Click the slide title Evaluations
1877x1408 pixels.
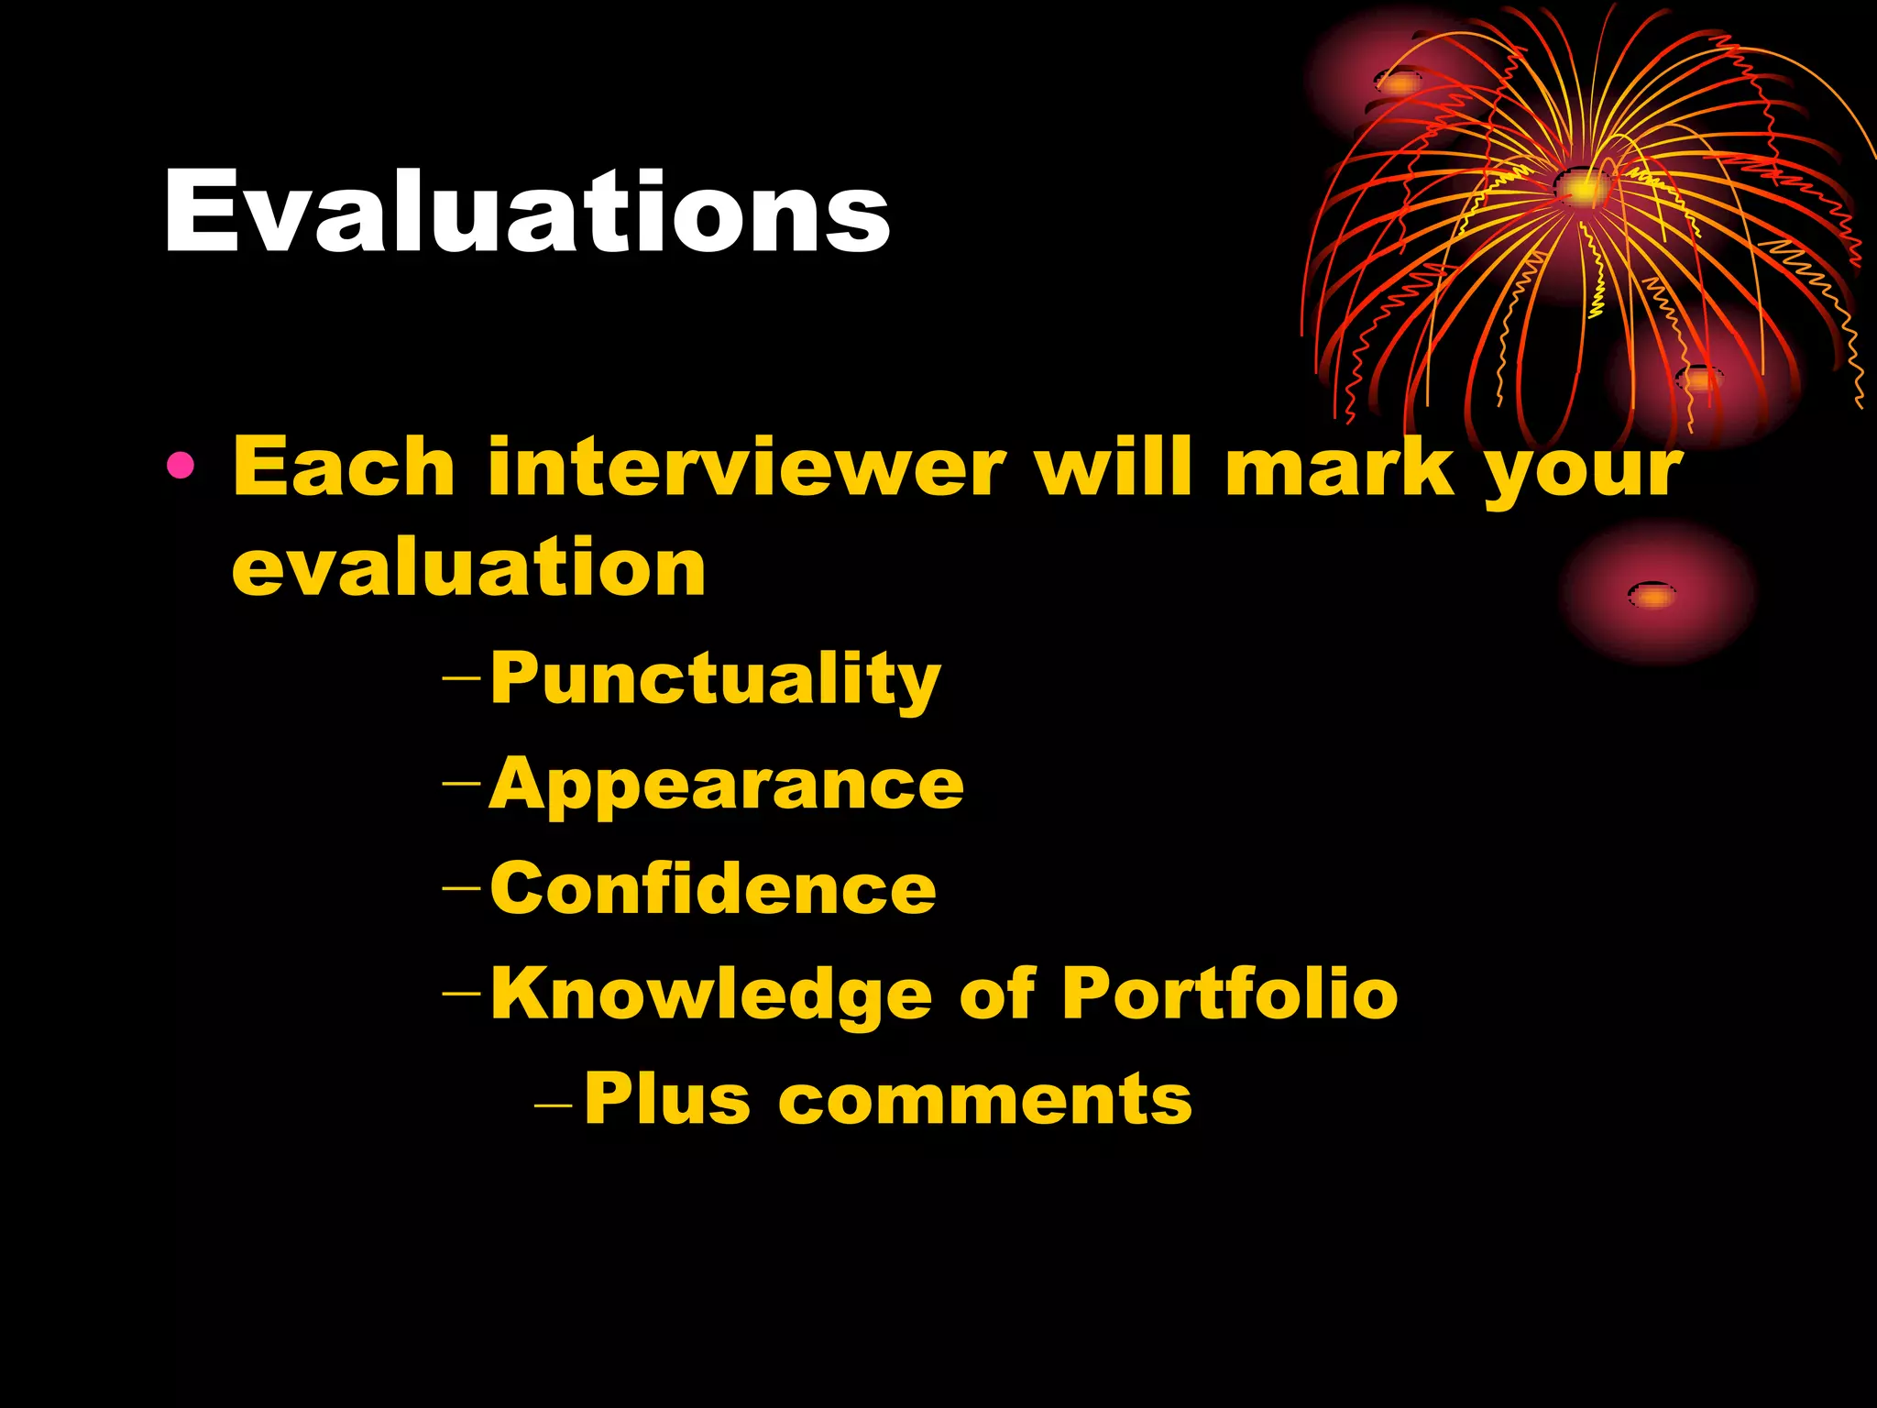526,213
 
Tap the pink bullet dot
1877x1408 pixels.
181,467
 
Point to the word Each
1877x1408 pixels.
344,467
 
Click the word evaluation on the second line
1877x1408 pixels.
468,568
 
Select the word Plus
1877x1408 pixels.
667,1098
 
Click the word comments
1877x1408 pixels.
985,1100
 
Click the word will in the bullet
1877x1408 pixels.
1114,467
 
